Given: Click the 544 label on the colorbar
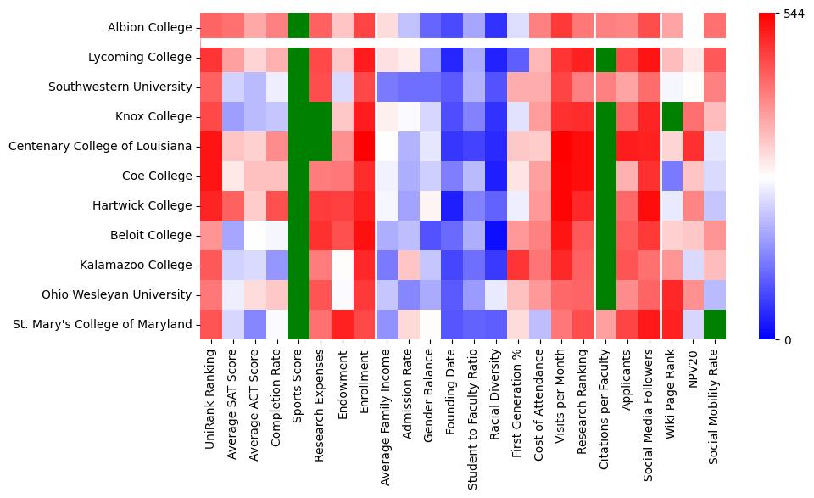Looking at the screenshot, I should (x=794, y=14).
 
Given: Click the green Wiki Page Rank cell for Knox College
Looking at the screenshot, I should (x=672, y=116).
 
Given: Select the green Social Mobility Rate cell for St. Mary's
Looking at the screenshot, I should (x=716, y=324).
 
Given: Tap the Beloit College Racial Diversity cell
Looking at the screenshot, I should (x=496, y=235).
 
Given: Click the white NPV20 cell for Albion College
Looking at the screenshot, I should (x=694, y=27).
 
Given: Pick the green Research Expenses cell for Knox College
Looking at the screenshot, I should (x=321, y=116).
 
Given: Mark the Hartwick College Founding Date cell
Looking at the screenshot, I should (x=452, y=205).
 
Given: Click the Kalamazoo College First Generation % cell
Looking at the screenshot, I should (x=518, y=265).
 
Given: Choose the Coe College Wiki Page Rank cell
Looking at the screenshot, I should (x=672, y=176).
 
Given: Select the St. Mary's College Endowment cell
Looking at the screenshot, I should (x=343, y=324).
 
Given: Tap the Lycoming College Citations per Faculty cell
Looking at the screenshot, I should (x=605, y=57).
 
